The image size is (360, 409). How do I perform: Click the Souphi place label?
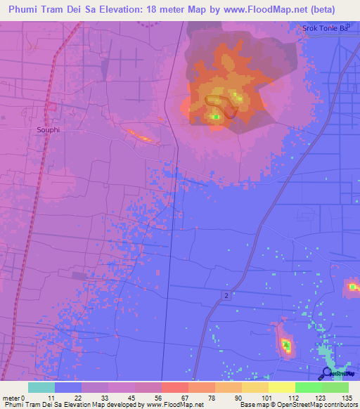point(49,130)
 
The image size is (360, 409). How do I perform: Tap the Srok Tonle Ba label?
point(325,29)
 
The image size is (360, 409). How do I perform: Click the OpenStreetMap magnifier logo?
point(327,373)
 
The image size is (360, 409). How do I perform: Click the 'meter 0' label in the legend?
point(13,398)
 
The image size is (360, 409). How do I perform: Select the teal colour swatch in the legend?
point(41,387)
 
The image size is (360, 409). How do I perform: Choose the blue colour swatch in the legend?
point(68,387)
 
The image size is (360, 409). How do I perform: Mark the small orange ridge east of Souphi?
point(140,136)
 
